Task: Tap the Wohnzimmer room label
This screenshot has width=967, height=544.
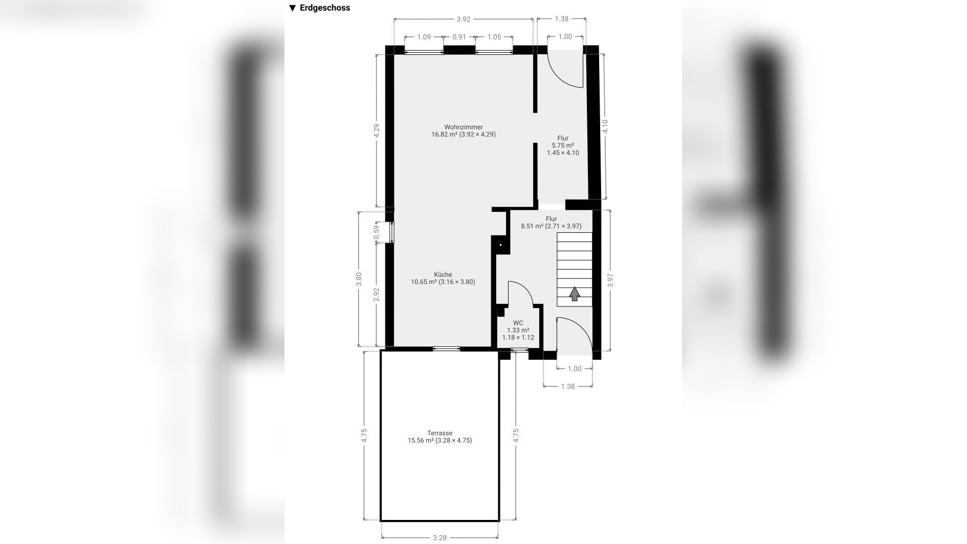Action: point(464,127)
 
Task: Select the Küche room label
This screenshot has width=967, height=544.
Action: point(443,275)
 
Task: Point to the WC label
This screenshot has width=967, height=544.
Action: point(518,323)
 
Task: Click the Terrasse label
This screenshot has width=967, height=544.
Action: point(439,433)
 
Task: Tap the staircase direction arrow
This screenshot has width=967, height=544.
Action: point(575,294)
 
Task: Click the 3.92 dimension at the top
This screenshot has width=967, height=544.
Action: point(463,19)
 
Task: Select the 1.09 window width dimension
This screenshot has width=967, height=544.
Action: point(424,37)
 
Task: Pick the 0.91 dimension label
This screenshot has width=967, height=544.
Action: point(459,37)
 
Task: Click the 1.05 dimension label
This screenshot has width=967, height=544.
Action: point(494,37)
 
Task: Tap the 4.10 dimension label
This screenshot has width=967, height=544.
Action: point(605,126)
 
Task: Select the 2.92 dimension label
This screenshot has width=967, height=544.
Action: point(377,295)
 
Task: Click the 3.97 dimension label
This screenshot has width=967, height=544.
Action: point(610,281)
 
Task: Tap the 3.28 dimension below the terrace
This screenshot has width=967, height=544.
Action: point(439,538)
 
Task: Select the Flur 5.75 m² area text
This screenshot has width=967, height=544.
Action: point(563,145)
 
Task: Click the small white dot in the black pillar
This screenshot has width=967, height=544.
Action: point(501,246)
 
